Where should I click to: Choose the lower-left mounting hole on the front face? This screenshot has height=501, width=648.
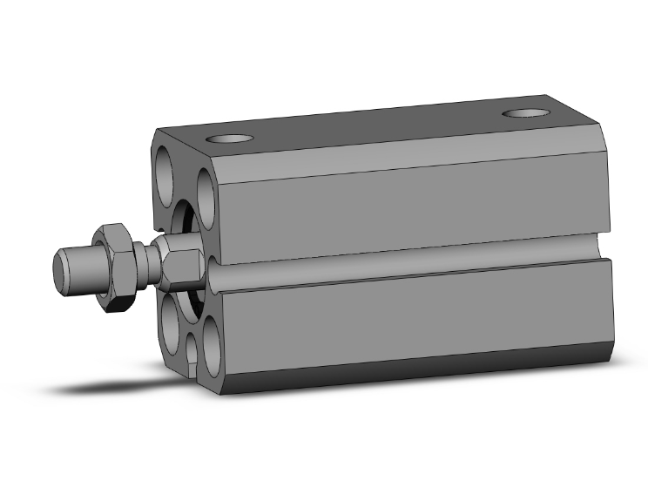pyautogui.click(x=171, y=324)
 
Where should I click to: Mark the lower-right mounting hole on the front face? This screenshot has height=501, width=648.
pyautogui.click(x=211, y=341)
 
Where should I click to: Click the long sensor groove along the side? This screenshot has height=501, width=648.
pyautogui.click(x=409, y=263)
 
